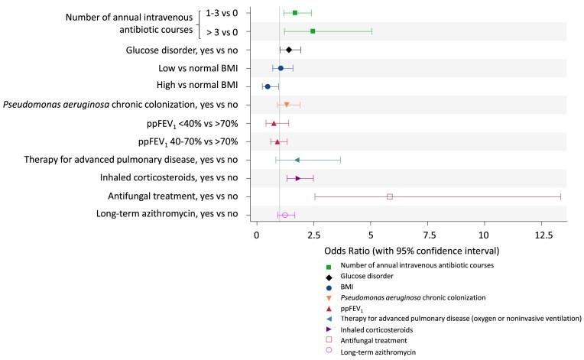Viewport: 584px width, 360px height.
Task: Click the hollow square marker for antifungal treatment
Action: coord(390,196)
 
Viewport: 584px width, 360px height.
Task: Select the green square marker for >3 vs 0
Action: coord(313,31)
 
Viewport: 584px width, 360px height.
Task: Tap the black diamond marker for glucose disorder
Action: coord(288,50)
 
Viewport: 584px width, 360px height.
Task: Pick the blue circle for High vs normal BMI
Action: coord(268,86)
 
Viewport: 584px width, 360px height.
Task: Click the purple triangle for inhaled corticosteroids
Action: coord(298,178)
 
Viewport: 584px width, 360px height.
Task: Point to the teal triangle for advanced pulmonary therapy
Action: coord(297,160)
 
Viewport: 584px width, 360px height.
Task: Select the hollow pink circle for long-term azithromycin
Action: coord(285,215)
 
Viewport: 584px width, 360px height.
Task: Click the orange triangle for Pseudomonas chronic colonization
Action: coord(287,105)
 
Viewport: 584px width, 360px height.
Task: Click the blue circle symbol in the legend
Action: coord(328,287)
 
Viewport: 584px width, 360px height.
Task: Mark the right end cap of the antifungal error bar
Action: coord(560,196)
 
